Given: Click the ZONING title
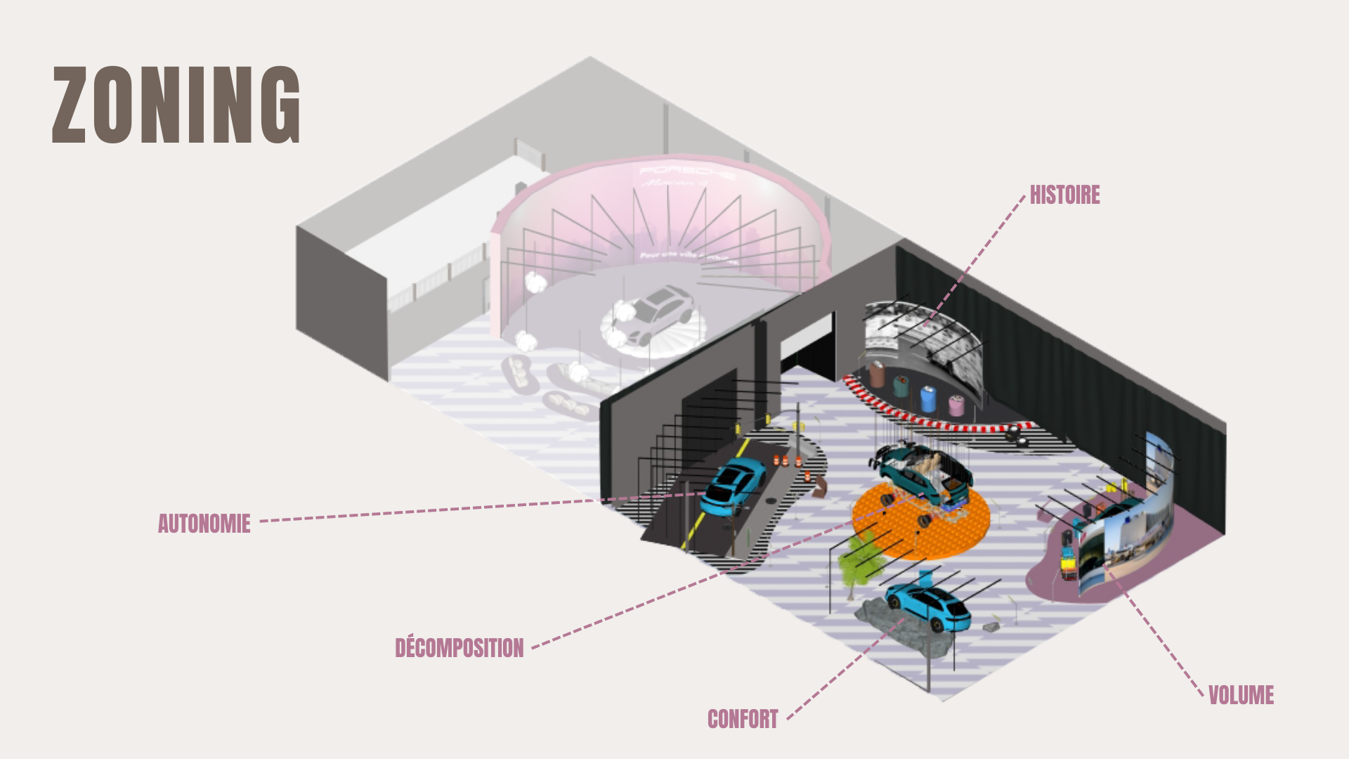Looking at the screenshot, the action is (176, 105).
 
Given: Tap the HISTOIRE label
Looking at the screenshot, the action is (1064, 195).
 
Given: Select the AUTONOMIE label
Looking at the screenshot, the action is (204, 524).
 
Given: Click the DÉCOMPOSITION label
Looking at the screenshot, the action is (459, 647).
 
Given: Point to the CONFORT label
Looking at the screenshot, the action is (743, 719).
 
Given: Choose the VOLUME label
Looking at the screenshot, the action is (1241, 695).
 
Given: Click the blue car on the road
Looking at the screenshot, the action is (735, 484).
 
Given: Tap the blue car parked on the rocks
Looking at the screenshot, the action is (928, 606).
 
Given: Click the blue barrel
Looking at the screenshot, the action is (928, 399).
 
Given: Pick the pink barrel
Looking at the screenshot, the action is (956, 406).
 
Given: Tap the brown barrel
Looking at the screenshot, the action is (877, 374).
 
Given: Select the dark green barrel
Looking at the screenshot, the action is (901, 385).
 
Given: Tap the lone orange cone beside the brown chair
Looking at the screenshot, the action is (807, 476).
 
